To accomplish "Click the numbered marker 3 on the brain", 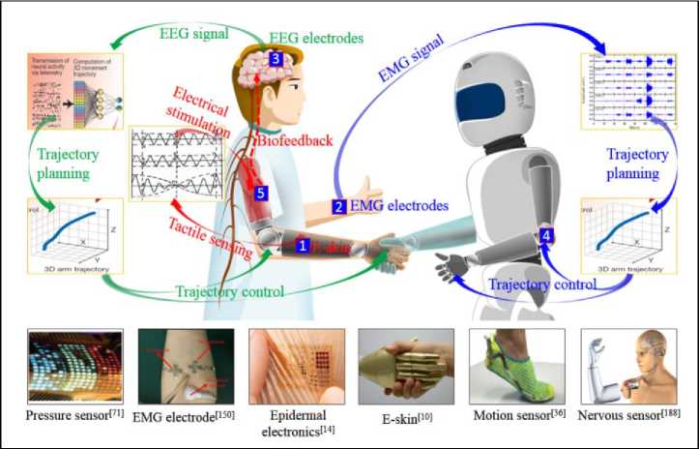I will [276, 60].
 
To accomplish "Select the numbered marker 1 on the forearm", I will [303, 247].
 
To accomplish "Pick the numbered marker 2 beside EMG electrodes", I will [338, 207].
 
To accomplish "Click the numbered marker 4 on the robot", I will [547, 234].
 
